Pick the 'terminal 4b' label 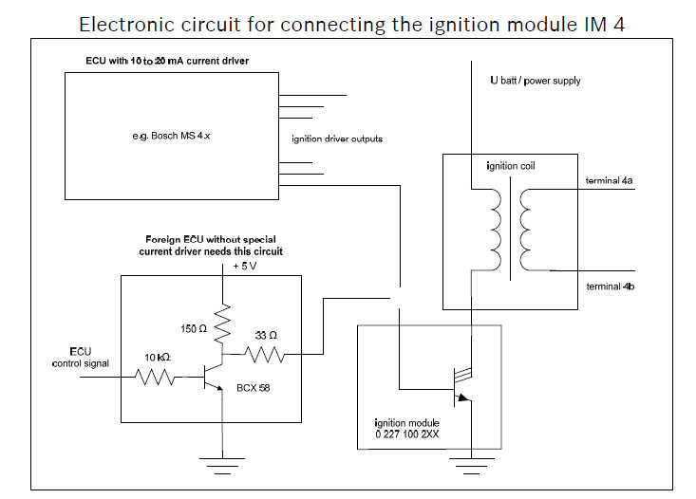coord(607,286)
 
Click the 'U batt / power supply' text coord(535,81)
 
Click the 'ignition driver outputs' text coord(337,139)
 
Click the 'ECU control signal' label coord(81,357)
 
